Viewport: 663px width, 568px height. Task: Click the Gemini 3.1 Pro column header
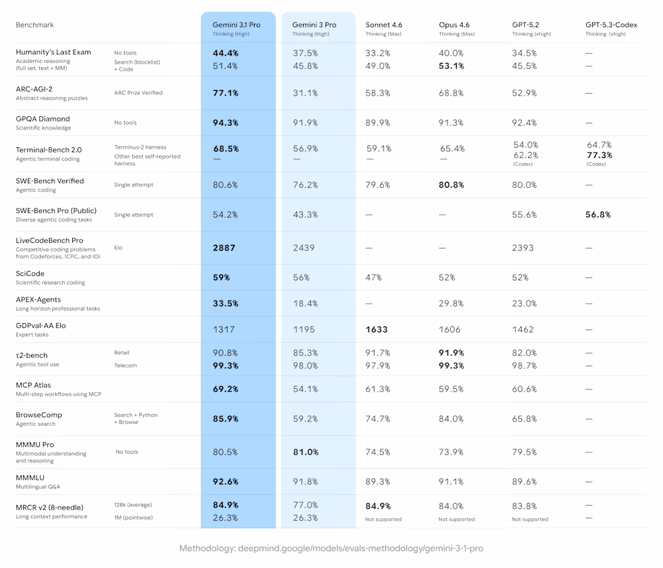236,25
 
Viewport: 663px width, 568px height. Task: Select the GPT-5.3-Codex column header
611,25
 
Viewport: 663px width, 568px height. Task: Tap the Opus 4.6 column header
454,25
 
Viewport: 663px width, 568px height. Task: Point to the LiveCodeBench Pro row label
50,240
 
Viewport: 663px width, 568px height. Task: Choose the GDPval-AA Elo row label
41,326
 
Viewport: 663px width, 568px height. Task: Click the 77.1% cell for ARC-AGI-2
225,93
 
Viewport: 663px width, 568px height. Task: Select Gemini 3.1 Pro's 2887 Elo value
225,248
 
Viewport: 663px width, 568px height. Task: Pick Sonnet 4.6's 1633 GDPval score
376,329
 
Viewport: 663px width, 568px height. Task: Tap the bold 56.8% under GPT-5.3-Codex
598,214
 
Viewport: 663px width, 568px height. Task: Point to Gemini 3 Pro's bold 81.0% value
305,452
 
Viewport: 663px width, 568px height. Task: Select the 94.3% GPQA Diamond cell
225,123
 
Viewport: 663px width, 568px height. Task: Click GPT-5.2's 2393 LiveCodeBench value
524,248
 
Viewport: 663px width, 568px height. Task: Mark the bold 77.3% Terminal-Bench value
599,155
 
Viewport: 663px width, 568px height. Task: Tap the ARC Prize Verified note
138,93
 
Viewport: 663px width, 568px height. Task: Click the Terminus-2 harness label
140,147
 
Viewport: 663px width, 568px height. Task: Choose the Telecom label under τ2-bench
125,365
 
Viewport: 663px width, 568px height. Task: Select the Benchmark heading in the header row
34,25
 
